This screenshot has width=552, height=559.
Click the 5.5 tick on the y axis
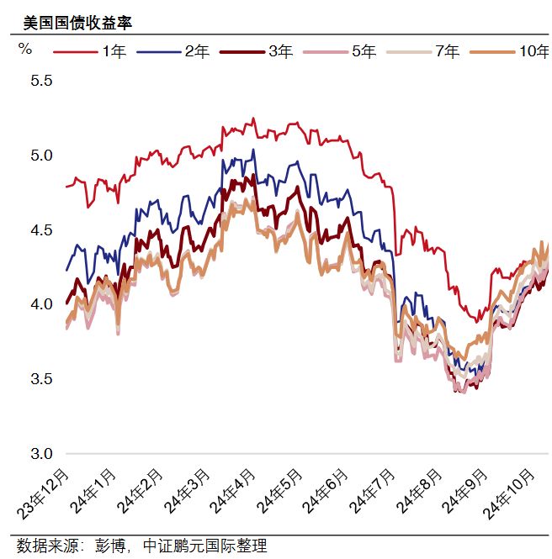[41, 82]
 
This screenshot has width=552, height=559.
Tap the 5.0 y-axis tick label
[41, 156]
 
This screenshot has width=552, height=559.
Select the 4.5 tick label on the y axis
[41, 230]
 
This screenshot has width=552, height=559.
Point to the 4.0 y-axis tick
[41, 304]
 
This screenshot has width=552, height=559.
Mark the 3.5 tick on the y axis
[41, 379]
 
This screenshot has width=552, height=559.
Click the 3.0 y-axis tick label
[41, 453]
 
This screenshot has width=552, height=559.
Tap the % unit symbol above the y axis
[24, 48]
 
